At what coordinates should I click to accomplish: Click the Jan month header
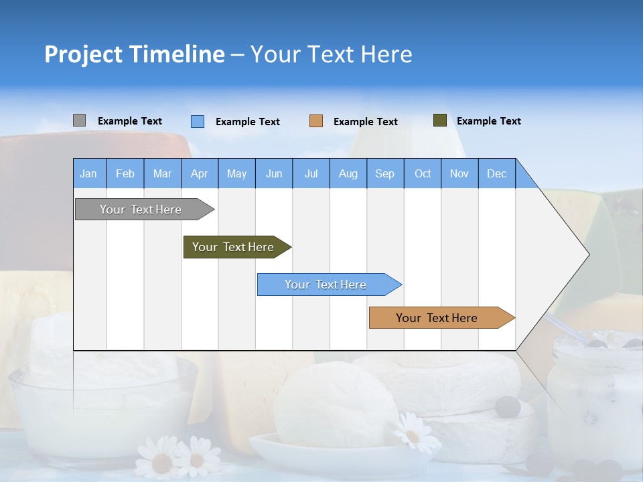pyautogui.click(x=88, y=173)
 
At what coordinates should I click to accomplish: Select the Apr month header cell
pyautogui.click(x=199, y=173)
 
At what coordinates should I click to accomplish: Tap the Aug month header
pyautogui.click(x=348, y=173)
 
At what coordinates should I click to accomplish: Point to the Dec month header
pyautogui.click(x=496, y=173)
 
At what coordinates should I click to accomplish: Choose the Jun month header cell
pyautogui.click(x=273, y=173)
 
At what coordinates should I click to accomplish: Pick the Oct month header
pyautogui.click(x=422, y=173)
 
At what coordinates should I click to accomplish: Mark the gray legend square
pyautogui.click(x=79, y=120)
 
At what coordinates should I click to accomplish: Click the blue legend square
pyautogui.click(x=197, y=121)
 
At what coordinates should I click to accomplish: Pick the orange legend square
pyautogui.click(x=316, y=121)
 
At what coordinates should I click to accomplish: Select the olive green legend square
pyautogui.click(x=439, y=120)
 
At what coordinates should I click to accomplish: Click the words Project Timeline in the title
pyautogui.click(x=134, y=54)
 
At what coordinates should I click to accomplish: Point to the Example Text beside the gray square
pyautogui.click(x=129, y=121)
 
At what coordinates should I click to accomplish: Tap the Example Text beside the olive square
pyautogui.click(x=488, y=121)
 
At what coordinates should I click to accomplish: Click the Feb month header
pyautogui.click(x=125, y=173)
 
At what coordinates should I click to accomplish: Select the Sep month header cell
pyautogui.click(x=384, y=173)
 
